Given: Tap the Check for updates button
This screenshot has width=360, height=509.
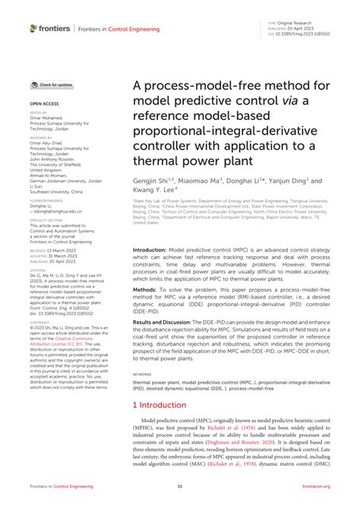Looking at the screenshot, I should [52, 84].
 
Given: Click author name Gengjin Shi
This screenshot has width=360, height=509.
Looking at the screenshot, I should [151, 182].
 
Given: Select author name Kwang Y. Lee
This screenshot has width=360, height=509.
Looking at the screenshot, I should [156, 192].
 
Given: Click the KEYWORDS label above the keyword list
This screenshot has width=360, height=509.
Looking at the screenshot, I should [142, 395].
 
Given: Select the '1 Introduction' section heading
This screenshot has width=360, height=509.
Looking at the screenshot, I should [162, 427].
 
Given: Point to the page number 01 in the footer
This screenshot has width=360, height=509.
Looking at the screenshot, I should [180, 486].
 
